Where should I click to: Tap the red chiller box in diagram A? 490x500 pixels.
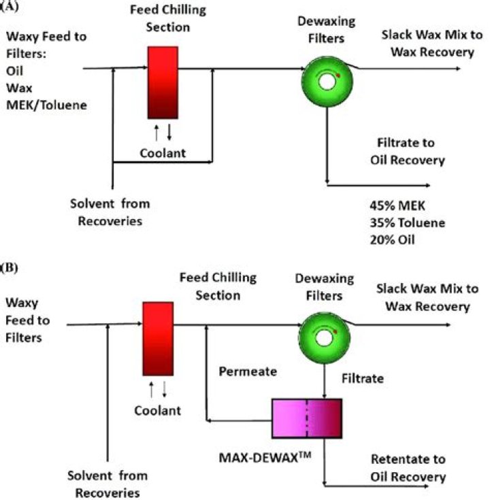163,82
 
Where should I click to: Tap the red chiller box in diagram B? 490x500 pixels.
157,338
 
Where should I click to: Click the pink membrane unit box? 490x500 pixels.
306,418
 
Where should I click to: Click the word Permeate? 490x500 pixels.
248,372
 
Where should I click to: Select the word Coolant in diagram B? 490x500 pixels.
157,410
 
